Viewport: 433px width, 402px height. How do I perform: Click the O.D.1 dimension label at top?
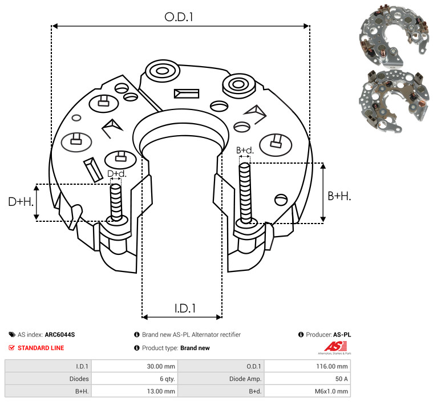click(179, 17)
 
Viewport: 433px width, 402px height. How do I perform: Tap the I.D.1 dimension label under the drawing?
click(185, 308)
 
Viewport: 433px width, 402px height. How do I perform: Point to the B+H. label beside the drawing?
click(339, 196)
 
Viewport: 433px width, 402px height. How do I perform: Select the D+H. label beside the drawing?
click(21, 202)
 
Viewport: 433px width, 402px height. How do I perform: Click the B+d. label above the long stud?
click(245, 151)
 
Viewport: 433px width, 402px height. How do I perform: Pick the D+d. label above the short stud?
click(117, 174)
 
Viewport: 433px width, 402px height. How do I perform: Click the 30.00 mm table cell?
click(161, 367)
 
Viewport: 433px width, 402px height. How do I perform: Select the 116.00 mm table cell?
click(332, 367)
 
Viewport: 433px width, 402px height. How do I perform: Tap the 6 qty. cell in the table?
click(167, 379)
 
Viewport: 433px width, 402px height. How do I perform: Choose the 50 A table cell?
click(342, 379)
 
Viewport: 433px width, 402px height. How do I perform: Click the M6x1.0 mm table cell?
click(331, 391)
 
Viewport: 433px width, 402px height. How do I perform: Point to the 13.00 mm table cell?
click(161, 391)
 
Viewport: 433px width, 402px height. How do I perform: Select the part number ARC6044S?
click(60, 335)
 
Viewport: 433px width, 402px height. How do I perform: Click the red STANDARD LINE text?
click(41, 348)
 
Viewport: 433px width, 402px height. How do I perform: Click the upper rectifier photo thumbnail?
click(393, 36)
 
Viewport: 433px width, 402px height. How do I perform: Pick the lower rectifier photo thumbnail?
click(394, 101)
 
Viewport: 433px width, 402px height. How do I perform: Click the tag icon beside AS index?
click(12, 335)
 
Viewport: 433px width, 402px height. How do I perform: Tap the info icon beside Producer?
click(301, 335)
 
